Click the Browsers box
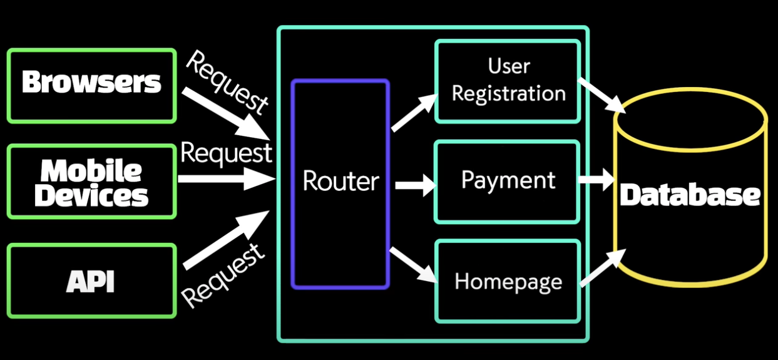tap(91, 85)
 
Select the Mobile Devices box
tap(91, 182)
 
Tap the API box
tap(91, 280)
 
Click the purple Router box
tap(340, 183)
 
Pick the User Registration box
tap(508, 81)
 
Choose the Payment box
tap(507, 182)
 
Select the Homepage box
tap(507, 281)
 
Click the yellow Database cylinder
tap(690, 188)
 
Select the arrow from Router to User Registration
tap(414, 113)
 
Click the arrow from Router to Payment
tap(415, 185)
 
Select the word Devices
tap(91, 195)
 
